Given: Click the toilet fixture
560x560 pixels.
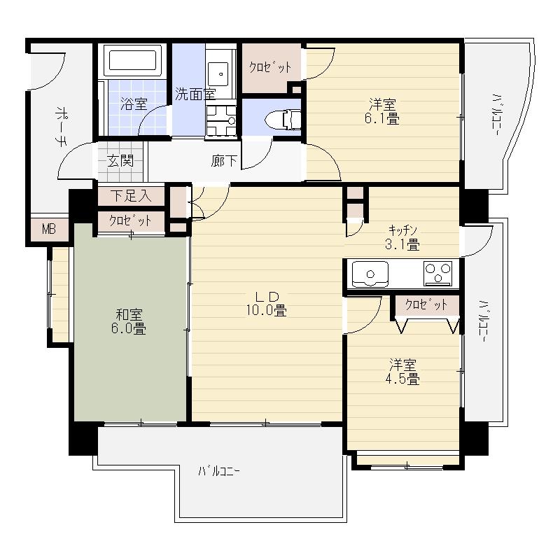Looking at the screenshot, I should [x=290, y=120].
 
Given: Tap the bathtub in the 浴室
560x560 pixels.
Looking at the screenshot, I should [x=133, y=61].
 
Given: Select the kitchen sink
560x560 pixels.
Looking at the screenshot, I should [x=370, y=273].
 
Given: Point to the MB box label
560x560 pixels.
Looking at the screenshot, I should [x=49, y=229].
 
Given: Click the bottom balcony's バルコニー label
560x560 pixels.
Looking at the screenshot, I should [x=218, y=470].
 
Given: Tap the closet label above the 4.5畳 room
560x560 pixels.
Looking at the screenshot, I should [x=426, y=305].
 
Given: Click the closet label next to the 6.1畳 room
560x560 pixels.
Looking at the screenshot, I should [x=270, y=67].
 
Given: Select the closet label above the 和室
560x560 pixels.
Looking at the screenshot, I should [x=130, y=220].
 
